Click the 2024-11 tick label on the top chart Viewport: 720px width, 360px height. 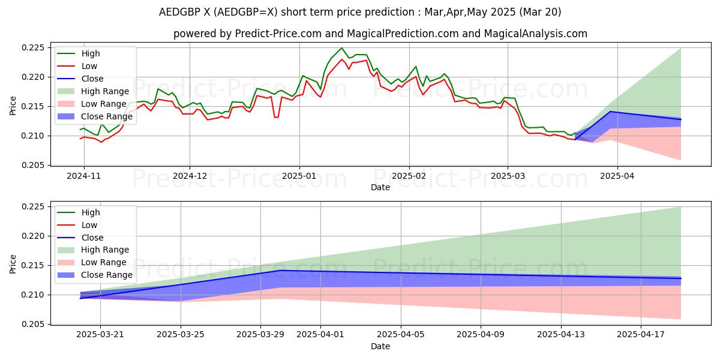pos(83,176)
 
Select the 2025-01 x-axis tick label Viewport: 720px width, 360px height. pos(299,176)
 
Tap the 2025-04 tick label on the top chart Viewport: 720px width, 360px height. pos(617,176)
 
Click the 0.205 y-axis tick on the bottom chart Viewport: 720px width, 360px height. pos(34,325)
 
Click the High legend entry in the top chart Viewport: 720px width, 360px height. pos(91,53)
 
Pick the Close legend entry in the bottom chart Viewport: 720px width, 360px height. pos(92,238)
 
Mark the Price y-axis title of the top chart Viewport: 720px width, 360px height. pos(13,106)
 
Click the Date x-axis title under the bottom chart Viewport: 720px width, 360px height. pos(380,346)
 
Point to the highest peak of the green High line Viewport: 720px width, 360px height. pos(341,48)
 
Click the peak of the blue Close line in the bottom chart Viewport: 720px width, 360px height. pos(280,271)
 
